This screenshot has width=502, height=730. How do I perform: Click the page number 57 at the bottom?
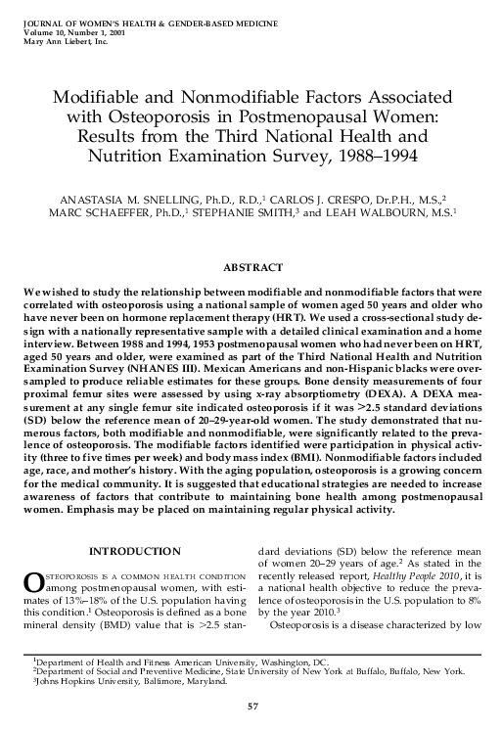coord(251,707)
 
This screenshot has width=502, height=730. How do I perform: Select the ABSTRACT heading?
coord(251,265)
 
